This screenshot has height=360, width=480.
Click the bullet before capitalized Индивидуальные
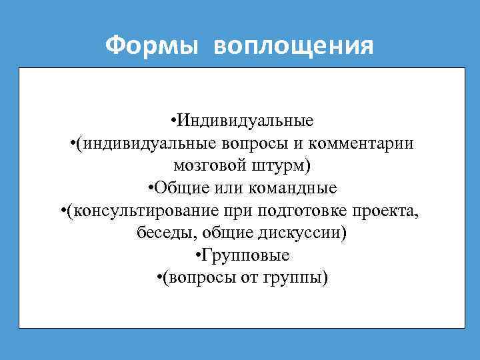pos(173,121)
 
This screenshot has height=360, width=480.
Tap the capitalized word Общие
pos(175,187)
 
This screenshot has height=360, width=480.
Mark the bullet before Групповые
pos(199,255)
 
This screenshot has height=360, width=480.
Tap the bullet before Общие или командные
pos(149,187)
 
